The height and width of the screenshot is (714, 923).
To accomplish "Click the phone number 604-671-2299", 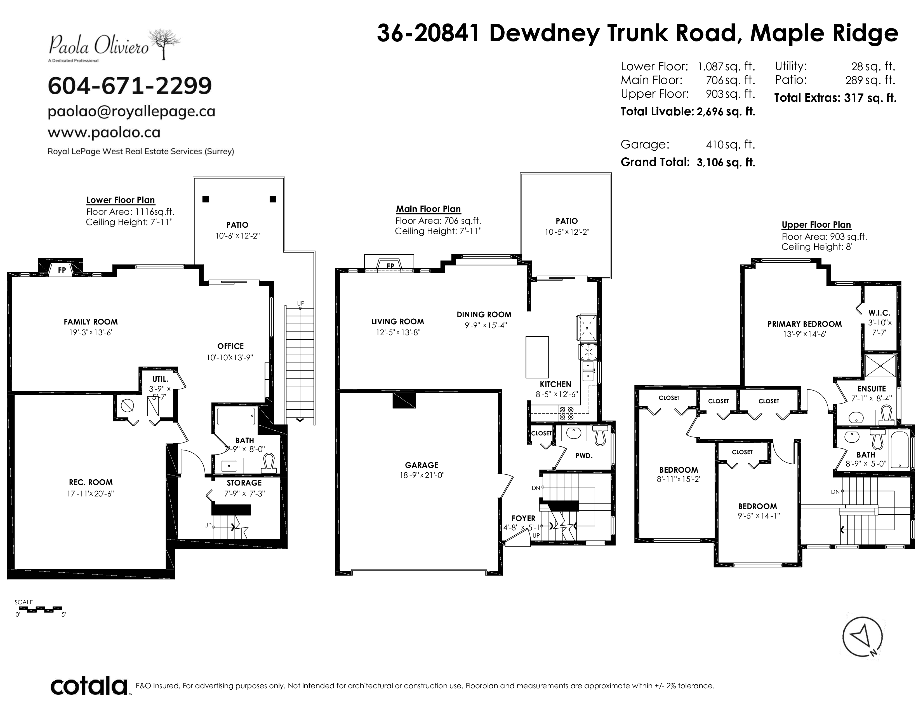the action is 130,86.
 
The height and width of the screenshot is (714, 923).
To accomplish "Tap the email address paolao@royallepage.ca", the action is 131,111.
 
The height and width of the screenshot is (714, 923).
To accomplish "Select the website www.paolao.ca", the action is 104,132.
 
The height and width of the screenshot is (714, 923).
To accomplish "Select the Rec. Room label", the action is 91,482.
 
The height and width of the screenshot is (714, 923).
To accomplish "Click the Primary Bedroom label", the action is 805,324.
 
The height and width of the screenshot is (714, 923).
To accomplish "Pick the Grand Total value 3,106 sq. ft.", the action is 726,162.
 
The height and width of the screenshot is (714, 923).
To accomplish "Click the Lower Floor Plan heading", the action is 121,200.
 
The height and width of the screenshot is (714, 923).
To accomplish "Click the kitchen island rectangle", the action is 537,357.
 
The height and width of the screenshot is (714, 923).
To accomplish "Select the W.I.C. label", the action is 879,313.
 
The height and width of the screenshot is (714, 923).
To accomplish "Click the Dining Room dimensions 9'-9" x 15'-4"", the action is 484,325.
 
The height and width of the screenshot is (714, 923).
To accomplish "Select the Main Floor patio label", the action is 567,221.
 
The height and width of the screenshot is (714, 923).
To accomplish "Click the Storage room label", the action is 244,483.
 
